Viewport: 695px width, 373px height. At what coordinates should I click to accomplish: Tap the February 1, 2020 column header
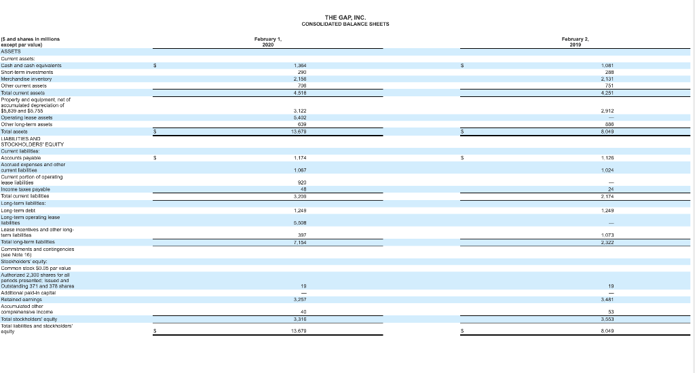268,42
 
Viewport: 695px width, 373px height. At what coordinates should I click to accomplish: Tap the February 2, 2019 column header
575,42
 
